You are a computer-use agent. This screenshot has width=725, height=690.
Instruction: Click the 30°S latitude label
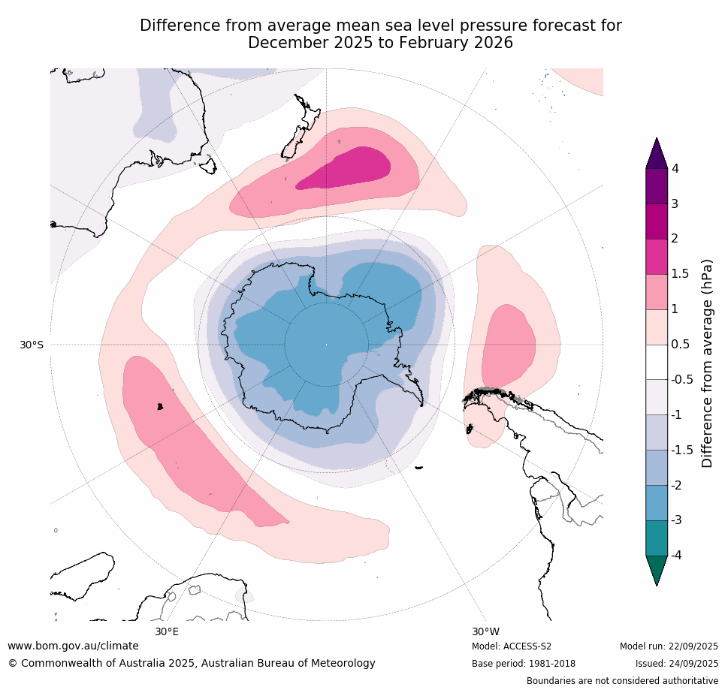pos(31,345)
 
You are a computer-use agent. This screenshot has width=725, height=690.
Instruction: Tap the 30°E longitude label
pos(167,631)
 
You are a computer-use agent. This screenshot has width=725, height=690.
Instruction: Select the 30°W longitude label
pos(485,631)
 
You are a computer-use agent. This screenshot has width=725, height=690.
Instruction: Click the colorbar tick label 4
pos(675,168)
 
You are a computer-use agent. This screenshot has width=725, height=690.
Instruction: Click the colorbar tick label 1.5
pos(680,273)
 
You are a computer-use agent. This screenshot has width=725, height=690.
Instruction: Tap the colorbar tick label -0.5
pos(682,379)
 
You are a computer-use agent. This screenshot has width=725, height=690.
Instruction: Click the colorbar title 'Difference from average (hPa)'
pos(707,363)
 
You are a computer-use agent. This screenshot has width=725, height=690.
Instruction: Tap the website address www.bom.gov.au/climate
pos(73,646)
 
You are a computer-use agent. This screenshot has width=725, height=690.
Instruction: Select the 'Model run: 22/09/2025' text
pos(669,646)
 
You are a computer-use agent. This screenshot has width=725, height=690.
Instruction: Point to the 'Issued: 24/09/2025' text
pos(677,664)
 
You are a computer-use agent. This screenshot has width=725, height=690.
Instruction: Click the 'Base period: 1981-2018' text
pos(524,664)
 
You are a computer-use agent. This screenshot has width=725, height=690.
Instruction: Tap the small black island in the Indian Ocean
pos(160,406)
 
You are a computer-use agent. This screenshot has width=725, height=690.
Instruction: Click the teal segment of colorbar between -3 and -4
pos(657,538)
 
